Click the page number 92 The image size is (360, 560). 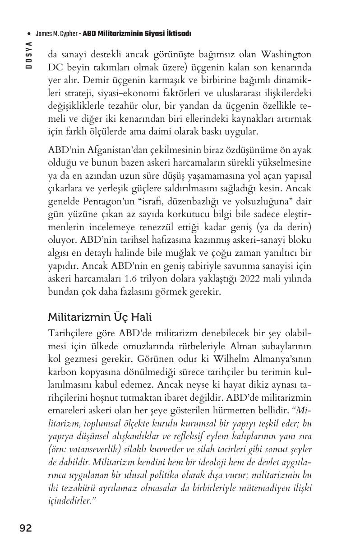(x=25, y=528)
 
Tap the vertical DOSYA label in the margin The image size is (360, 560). (x=28, y=55)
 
